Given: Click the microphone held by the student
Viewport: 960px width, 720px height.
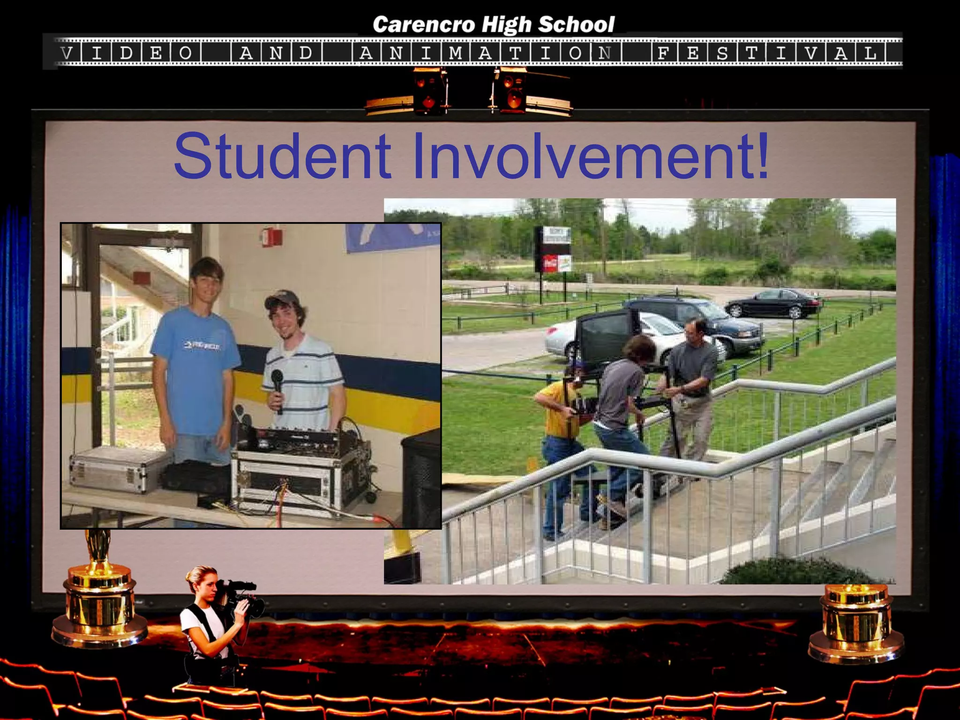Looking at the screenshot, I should click(x=277, y=386).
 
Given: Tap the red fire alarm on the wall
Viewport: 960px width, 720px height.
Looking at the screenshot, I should click(x=268, y=236).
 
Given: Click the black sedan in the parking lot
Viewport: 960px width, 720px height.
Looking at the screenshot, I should click(x=773, y=303).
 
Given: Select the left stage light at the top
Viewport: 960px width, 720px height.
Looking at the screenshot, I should click(x=428, y=91).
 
